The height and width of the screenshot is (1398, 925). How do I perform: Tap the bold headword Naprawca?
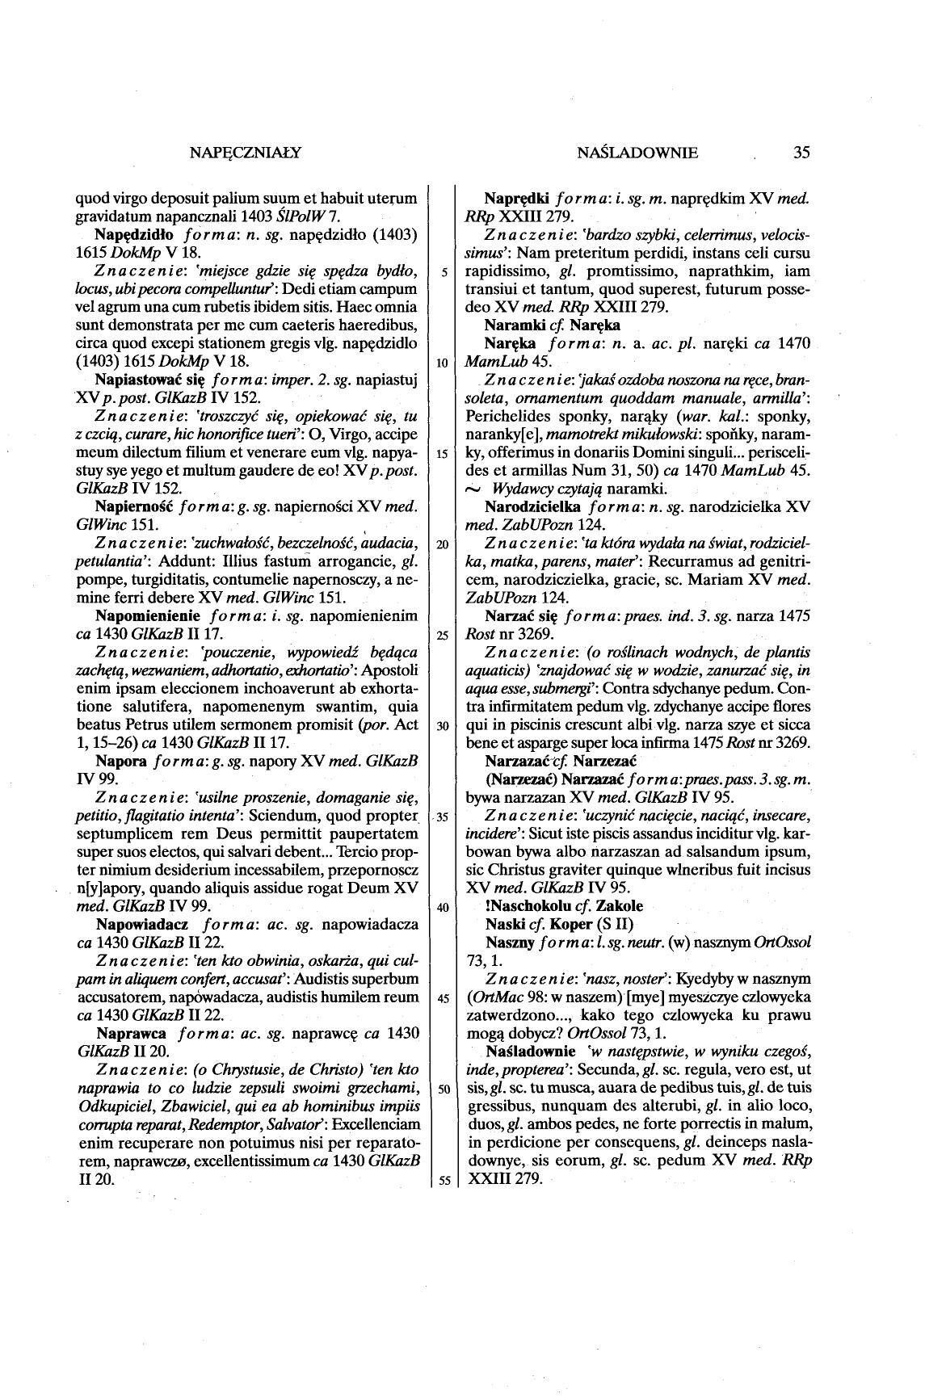pos(131,1033)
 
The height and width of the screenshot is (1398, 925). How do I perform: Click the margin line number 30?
pos(443,725)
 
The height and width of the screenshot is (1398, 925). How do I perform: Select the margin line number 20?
pos(443,544)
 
